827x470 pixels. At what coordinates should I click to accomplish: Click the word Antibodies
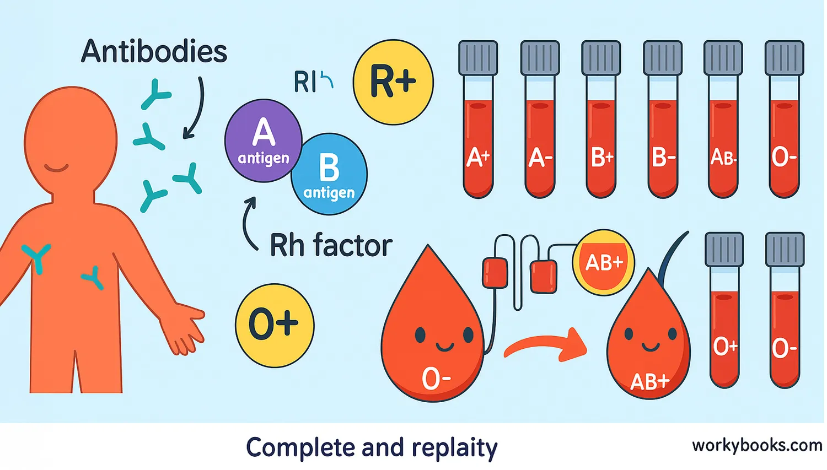click(154, 52)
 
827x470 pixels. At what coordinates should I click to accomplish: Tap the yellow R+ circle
click(393, 82)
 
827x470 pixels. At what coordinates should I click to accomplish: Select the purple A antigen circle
click(263, 141)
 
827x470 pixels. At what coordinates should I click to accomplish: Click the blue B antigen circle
click(329, 174)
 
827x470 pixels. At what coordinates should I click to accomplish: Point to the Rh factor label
click(331, 245)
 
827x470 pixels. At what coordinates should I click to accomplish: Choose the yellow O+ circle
click(275, 325)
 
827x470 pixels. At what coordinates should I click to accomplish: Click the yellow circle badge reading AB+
click(604, 262)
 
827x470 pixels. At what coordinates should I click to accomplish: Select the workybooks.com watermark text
click(756, 445)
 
